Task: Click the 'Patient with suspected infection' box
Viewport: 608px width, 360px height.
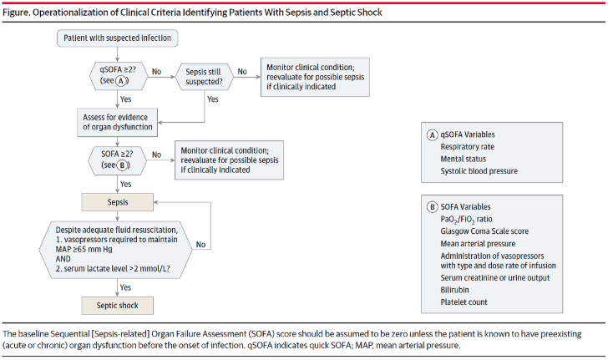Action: pos(118,38)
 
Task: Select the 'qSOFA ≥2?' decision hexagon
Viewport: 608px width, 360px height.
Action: pos(119,75)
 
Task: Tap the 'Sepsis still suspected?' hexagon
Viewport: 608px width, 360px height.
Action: pos(205,77)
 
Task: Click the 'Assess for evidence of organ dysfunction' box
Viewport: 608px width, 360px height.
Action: pos(118,122)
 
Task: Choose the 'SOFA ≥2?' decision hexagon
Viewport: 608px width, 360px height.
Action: pos(118,160)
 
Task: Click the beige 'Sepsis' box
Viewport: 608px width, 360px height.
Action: pos(118,202)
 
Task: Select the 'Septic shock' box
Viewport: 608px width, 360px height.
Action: pos(118,306)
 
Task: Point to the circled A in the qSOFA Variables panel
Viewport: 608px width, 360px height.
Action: pos(432,134)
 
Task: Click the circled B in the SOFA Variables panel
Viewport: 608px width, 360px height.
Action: pos(432,207)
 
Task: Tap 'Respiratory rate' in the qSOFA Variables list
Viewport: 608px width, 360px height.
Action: pos(467,147)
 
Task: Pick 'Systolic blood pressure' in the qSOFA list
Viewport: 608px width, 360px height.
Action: pos(479,170)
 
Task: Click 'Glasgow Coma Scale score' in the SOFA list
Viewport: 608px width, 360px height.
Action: pos(484,231)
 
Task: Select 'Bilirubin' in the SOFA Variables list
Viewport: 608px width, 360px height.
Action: pos(454,290)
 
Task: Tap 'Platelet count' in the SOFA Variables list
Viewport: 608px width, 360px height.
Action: pos(464,302)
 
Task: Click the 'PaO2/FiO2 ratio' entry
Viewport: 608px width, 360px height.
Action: pos(466,219)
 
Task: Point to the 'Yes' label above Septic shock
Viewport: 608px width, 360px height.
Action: pos(125,287)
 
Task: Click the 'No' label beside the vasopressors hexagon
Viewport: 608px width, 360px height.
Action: pos(200,245)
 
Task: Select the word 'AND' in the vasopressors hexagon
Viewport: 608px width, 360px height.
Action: pos(63,259)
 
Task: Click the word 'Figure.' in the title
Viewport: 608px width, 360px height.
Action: pos(16,13)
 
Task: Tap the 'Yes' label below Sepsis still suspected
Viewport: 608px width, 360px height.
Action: pos(213,99)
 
